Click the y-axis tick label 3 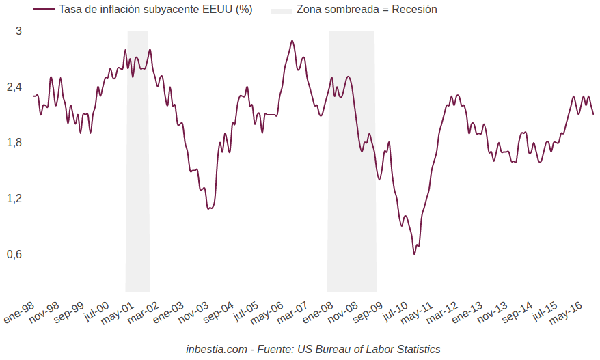click(19, 31)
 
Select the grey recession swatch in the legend click(281, 10)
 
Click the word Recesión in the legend click(414, 10)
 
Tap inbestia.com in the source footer click(216, 349)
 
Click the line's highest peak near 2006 click(292, 41)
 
